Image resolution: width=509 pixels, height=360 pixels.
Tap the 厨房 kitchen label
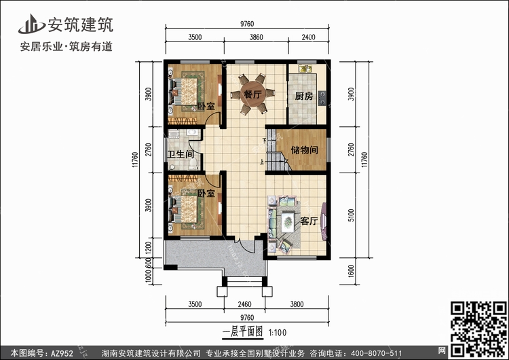[x=304, y=96]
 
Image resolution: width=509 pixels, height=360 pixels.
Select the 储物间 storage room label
[x=305, y=149]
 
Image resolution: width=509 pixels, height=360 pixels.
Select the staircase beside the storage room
[x=277, y=162]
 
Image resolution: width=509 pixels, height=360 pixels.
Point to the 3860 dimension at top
[x=257, y=37]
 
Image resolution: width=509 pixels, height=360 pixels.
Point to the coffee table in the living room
[x=288, y=220]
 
